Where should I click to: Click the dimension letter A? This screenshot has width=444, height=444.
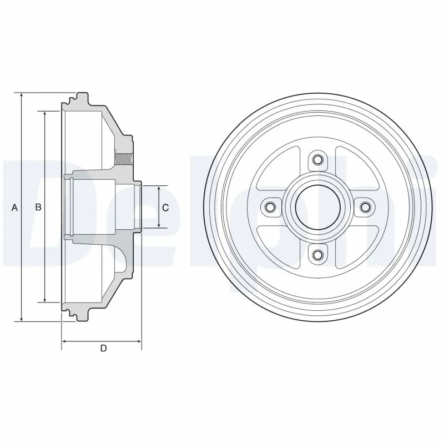tap(15, 208)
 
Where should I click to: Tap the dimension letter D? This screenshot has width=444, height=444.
tap(103, 348)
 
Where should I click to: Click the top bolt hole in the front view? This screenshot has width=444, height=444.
tap(317, 160)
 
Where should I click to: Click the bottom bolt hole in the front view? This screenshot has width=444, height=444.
tap(317, 255)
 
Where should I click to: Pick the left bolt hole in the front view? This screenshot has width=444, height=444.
tap(270, 208)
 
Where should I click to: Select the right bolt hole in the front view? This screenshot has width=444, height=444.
tap(365, 208)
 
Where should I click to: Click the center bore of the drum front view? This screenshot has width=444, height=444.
tap(317, 208)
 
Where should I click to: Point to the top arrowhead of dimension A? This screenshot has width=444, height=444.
tap(22, 95)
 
